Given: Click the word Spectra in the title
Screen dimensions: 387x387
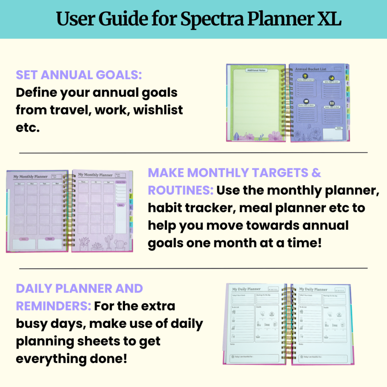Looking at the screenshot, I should pyautogui.click(x=212, y=19).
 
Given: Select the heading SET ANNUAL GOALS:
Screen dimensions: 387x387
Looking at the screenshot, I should pyautogui.click(x=79, y=75).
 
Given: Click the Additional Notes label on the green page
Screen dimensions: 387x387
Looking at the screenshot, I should pyautogui.click(x=256, y=70).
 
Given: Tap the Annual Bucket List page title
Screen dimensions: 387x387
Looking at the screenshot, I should pyautogui.click(x=311, y=69).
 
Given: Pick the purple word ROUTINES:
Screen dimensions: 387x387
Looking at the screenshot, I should pyautogui.click(x=181, y=190).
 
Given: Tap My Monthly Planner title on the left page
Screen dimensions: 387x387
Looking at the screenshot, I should pyautogui.click(x=30, y=177).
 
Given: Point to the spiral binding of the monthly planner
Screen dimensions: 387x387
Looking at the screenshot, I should pyautogui.click(x=69, y=210).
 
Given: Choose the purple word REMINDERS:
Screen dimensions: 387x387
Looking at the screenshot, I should pyautogui.click(x=53, y=306).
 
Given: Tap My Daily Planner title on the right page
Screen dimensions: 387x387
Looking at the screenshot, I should pyautogui.click(x=313, y=289).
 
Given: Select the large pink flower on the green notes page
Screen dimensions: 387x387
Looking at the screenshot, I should pyautogui.click(x=275, y=136).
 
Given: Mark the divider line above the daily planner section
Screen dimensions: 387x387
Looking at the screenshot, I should pyautogui.click(x=193, y=268).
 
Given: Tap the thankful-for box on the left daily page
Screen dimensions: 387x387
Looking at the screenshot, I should pyautogui.click(x=254, y=358).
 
